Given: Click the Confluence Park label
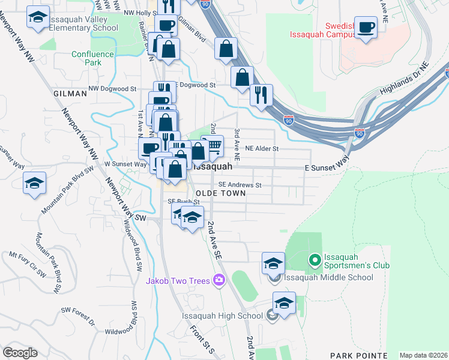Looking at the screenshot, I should [92, 58].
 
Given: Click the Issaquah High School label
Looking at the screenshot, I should [222, 316].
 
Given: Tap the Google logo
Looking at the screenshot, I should [20, 353].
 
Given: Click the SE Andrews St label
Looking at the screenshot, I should [240, 185].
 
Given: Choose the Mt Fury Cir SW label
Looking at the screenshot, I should [27, 263].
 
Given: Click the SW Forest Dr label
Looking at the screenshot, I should [78, 316].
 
